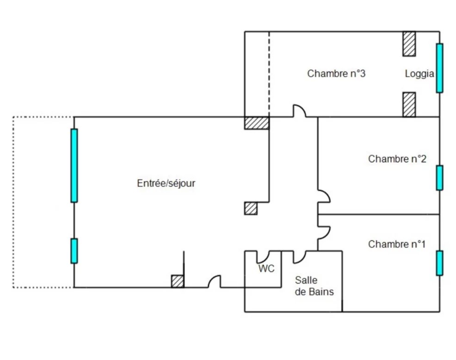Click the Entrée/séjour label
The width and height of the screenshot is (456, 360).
point(166,183)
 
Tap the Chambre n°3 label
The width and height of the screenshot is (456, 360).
point(336,73)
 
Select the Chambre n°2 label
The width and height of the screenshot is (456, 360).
point(397,159)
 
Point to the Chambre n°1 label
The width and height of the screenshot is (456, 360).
point(397,244)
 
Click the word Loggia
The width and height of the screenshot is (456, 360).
point(419,73)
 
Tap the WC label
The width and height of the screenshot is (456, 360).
point(265,268)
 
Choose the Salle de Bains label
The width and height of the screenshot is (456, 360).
point(314,286)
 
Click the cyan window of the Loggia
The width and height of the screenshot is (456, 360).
point(439,68)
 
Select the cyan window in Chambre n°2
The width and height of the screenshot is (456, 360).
point(439,177)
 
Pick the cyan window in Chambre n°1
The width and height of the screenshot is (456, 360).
point(439,263)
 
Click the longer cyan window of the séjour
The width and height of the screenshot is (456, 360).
point(74,165)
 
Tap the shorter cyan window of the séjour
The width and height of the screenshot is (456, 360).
point(74,250)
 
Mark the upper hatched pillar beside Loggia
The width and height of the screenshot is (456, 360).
point(409,43)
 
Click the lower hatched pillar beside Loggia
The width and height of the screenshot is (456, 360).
point(409,105)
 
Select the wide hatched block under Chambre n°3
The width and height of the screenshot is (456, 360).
point(257,123)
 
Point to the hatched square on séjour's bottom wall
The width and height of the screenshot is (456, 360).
point(177,281)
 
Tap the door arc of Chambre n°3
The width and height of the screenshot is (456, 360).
point(299,111)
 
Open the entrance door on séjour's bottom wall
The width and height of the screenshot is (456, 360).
point(214,282)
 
